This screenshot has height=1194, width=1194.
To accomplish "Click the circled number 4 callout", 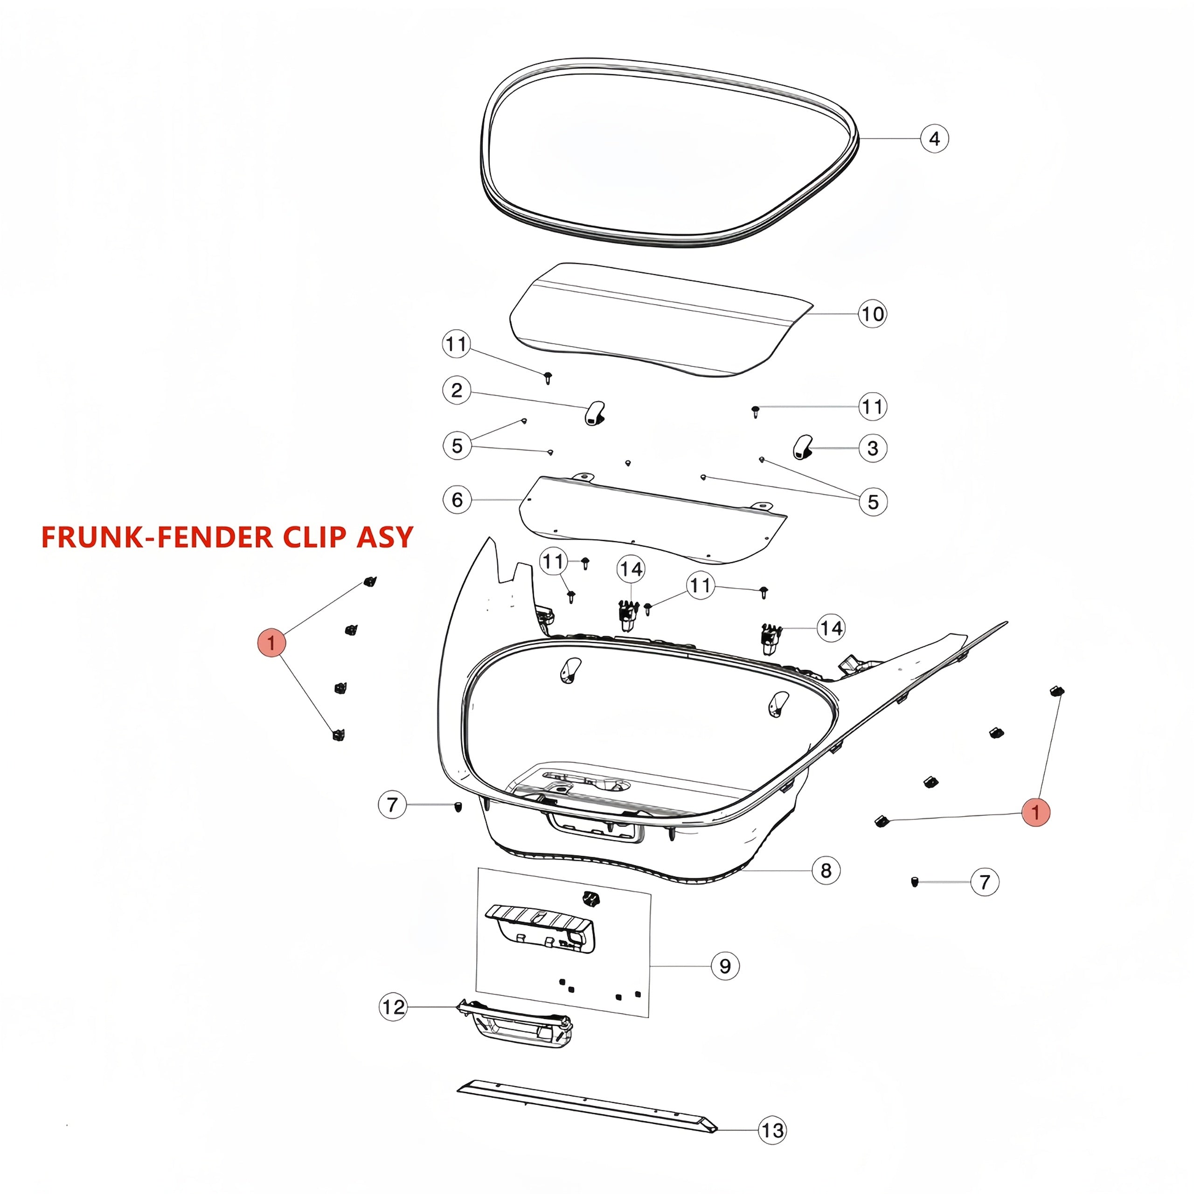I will click(x=934, y=139).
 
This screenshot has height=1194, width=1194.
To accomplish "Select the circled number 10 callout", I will click(x=872, y=314).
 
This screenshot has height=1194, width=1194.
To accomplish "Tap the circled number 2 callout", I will click(x=457, y=390).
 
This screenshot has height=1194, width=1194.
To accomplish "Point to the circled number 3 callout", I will click(x=873, y=448).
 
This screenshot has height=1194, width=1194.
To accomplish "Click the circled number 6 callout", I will click(x=458, y=500).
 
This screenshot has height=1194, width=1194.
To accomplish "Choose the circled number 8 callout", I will click(x=826, y=871).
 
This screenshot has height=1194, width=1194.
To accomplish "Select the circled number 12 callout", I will click(x=393, y=1007).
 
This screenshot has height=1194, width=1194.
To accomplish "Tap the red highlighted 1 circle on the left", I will click(x=271, y=643).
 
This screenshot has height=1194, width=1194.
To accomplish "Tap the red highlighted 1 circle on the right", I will click(x=1036, y=812).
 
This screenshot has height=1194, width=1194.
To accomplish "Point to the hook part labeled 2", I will click(x=595, y=413).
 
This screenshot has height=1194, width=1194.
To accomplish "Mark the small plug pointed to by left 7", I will click(x=458, y=806).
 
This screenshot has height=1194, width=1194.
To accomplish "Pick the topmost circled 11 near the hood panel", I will click(x=456, y=344).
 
